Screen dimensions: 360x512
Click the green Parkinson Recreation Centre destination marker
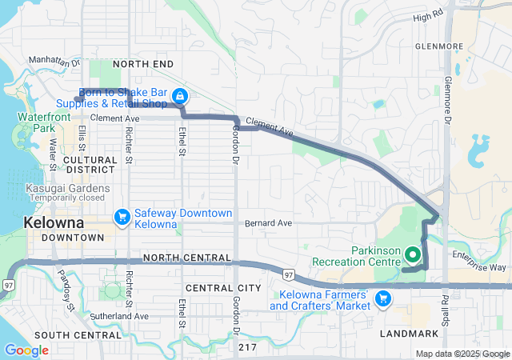[x=413, y=254]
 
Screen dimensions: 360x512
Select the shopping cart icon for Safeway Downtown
[x=122, y=216]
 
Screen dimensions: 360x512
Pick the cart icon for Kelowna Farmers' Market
[x=383, y=298]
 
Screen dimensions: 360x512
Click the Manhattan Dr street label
[x=54, y=61]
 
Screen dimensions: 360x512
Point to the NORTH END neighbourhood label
[x=142, y=63]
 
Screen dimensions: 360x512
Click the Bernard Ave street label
[x=268, y=222]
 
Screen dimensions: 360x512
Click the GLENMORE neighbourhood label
[x=439, y=46]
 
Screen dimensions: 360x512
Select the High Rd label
[x=428, y=16]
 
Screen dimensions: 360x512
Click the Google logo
[x=26, y=350]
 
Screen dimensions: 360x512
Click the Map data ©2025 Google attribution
[x=462, y=354]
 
